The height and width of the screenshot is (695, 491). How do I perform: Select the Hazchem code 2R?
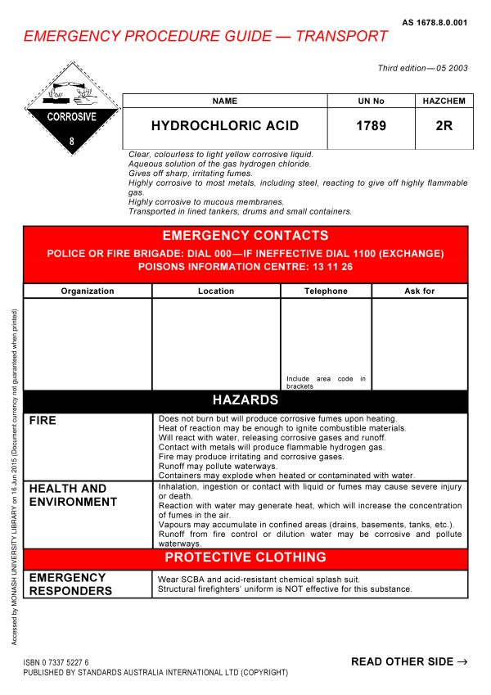click(444, 126)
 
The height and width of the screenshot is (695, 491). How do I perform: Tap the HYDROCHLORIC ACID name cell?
click(225, 126)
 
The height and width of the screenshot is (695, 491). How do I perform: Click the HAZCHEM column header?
click(444, 102)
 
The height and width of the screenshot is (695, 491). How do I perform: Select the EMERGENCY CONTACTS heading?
click(245, 236)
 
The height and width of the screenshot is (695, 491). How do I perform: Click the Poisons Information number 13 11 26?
click(329, 267)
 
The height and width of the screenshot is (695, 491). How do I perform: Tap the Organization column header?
click(88, 291)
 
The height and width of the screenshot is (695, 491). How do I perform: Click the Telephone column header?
click(326, 291)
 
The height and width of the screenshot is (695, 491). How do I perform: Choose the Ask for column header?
click(420, 291)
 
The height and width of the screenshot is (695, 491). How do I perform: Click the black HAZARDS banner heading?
click(245, 400)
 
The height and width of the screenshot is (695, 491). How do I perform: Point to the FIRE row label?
click(43, 421)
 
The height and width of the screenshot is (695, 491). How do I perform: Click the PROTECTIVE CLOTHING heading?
click(245, 557)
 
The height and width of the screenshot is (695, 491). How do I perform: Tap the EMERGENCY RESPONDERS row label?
click(71, 584)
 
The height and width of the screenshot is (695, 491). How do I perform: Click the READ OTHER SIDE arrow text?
click(409, 661)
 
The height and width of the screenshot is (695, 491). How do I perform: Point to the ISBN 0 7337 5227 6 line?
click(56, 661)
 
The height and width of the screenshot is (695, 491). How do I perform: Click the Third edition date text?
click(422, 68)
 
